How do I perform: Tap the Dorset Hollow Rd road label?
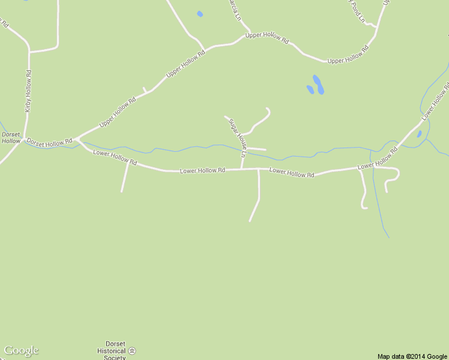[x=49, y=142]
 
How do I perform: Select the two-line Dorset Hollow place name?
[x=11, y=137]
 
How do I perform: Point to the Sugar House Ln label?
[x=238, y=137]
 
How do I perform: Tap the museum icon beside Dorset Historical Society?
[x=132, y=350]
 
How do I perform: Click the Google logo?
[x=21, y=350]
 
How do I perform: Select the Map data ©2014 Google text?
[x=412, y=356]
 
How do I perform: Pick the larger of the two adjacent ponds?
[x=318, y=84]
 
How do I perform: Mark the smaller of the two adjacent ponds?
[x=310, y=89]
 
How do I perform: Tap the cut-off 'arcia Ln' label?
[x=238, y=8]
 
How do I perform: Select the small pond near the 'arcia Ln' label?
[x=200, y=14]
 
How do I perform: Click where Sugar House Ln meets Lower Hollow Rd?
[x=242, y=169]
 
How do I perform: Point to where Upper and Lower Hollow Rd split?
[x=78, y=140]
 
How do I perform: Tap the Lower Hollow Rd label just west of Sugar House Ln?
[x=202, y=171]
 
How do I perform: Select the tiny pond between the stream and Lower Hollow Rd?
[x=419, y=134]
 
